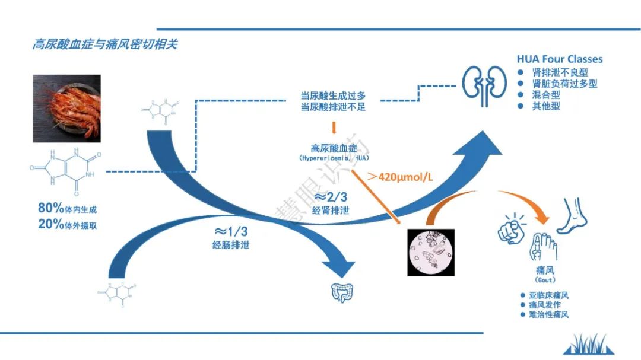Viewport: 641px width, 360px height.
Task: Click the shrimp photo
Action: (x=66, y=109)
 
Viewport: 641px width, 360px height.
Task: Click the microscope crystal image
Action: (x=430, y=252)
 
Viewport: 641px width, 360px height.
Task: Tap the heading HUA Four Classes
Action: (x=560, y=59)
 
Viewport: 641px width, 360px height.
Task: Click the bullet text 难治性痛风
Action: (x=548, y=314)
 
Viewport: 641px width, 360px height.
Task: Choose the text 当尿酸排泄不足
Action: (x=333, y=107)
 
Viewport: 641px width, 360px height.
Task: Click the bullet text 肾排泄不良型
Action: (x=560, y=72)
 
